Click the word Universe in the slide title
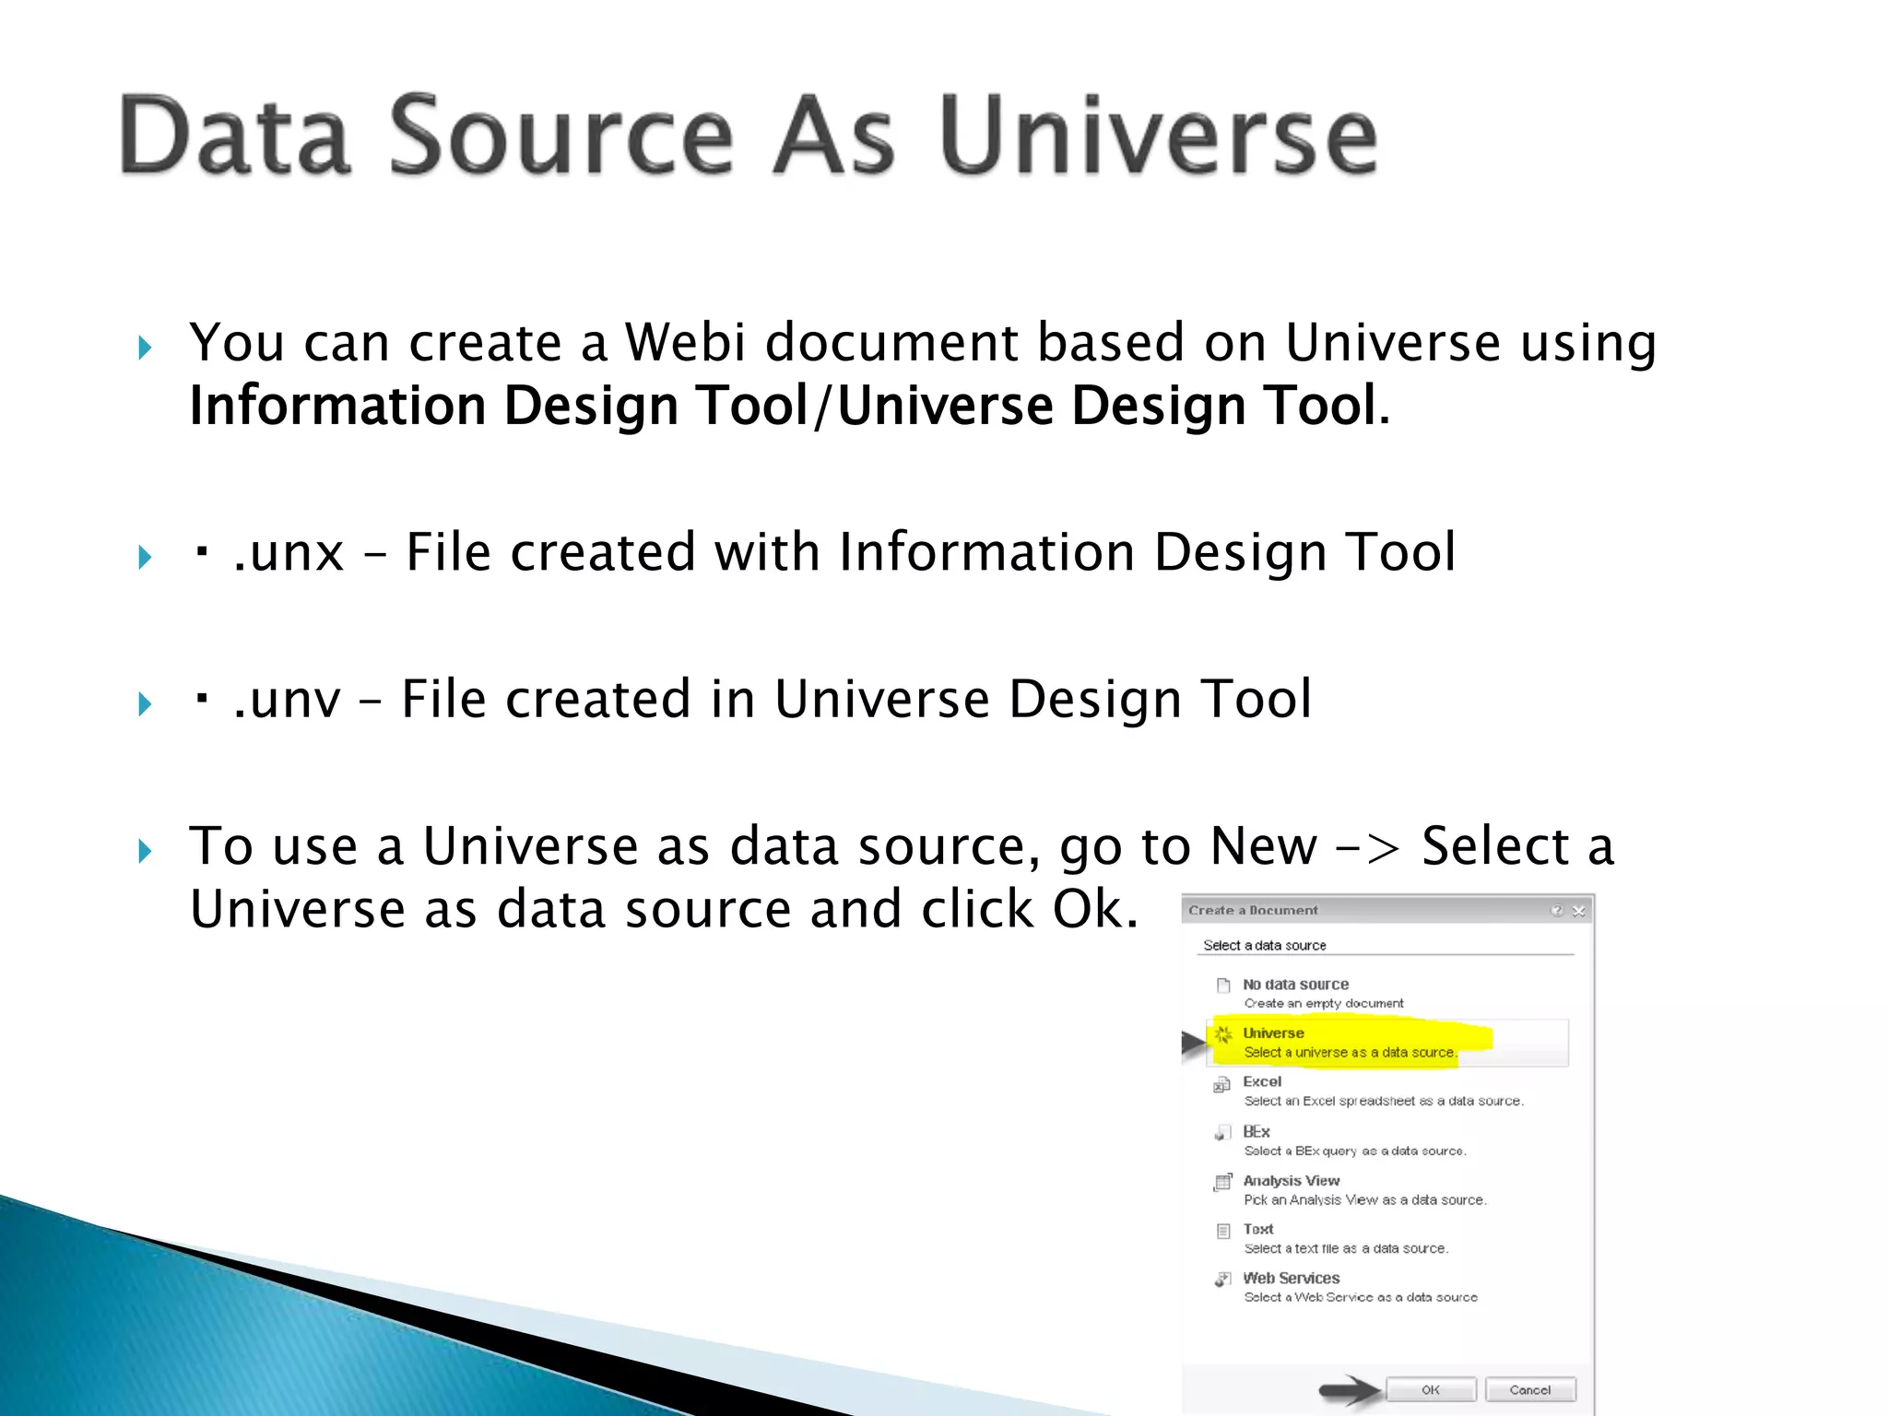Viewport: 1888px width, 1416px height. pyautogui.click(x=1158, y=136)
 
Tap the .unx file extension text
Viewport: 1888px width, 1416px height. pyautogui.click(x=289, y=553)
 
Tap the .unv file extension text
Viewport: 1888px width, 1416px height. pyautogui.click(x=287, y=700)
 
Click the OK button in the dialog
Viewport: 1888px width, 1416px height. pyautogui.click(x=1430, y=1389)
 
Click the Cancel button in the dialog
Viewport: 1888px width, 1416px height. pyautogui.click(x=1529, y=1389)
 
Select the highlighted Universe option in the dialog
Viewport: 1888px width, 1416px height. pyautogui.click(x=1272, y=1033)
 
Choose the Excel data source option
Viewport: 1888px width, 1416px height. pyautogui.click(x=1261, y=1081)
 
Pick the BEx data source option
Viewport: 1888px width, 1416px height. pyautogui.click(x=1256, y=1131)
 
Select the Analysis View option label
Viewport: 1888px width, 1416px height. pyautogui.click(x=1291, y=1180)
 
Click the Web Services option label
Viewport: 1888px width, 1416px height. pyautogui.click(x=1291, y=1278)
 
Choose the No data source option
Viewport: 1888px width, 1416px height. pyautogui.click(x=1294, y=985)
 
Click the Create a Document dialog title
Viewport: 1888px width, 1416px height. pyautogui.click(x=1253, y=910)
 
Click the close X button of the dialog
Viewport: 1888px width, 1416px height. pyautogui.click(x=1578, y=911)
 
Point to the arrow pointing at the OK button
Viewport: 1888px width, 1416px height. pyautogui.click(x=1350, y=1389)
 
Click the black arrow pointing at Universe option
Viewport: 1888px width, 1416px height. pyautogui.click(x=1194, y=1044)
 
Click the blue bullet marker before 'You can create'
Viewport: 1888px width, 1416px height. pyautogui.click(x=145, y=348)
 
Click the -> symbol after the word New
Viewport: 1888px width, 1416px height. pyautogui.click(x=1368, y=848)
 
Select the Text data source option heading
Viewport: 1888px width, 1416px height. pyautogui.click(x=1257, y=1229)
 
